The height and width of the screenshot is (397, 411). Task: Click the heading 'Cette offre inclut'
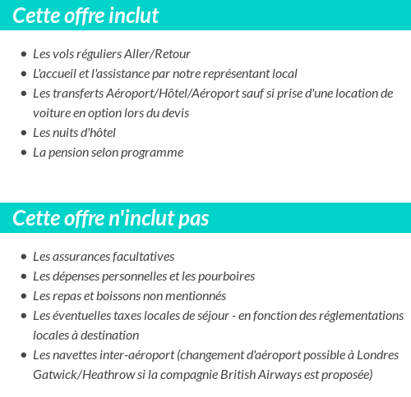85,16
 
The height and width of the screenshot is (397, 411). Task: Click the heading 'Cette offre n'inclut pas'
111,218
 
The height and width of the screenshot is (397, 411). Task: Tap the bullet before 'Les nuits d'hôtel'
23,133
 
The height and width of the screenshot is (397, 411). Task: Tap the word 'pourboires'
225,276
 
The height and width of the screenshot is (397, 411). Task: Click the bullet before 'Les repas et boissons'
23,296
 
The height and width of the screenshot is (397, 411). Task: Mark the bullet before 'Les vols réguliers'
23,54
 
